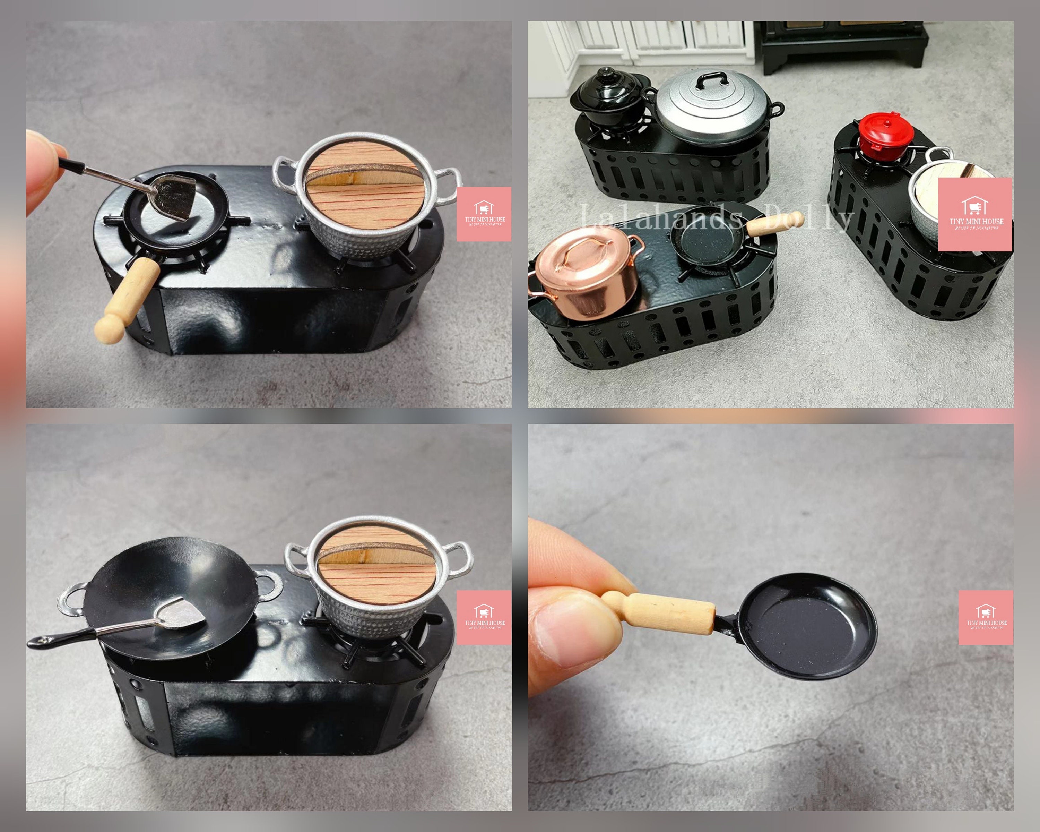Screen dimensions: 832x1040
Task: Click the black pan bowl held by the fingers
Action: click(806, 625)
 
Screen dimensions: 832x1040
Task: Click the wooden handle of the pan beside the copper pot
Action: click(774, 223)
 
